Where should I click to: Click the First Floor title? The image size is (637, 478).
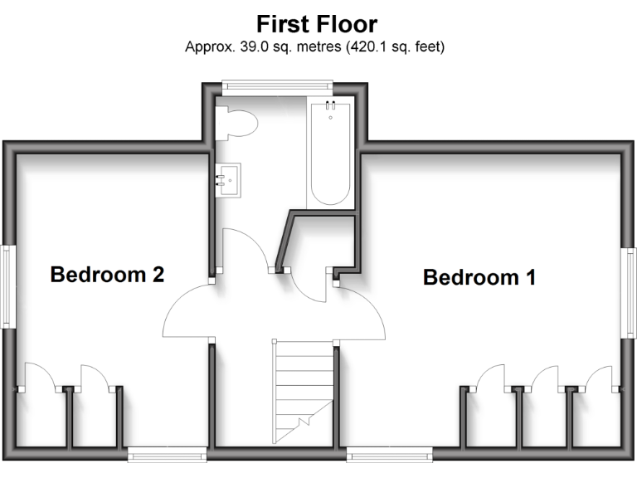[317, 22]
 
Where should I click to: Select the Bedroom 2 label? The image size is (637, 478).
[107, 275]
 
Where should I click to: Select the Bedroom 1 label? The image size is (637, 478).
[479, 277]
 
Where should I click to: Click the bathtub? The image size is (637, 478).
[329, 154]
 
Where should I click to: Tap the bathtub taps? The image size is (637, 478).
[330, 106]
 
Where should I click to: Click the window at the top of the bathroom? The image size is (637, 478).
[277, 84]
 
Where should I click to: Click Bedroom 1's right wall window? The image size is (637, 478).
[630, 292]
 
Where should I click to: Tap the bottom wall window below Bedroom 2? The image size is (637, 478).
[167, 452]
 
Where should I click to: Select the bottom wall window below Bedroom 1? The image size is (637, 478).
[389, 452]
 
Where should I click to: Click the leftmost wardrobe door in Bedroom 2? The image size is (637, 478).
[40, 377]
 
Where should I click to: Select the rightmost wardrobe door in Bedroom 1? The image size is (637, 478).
[600, 377]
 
